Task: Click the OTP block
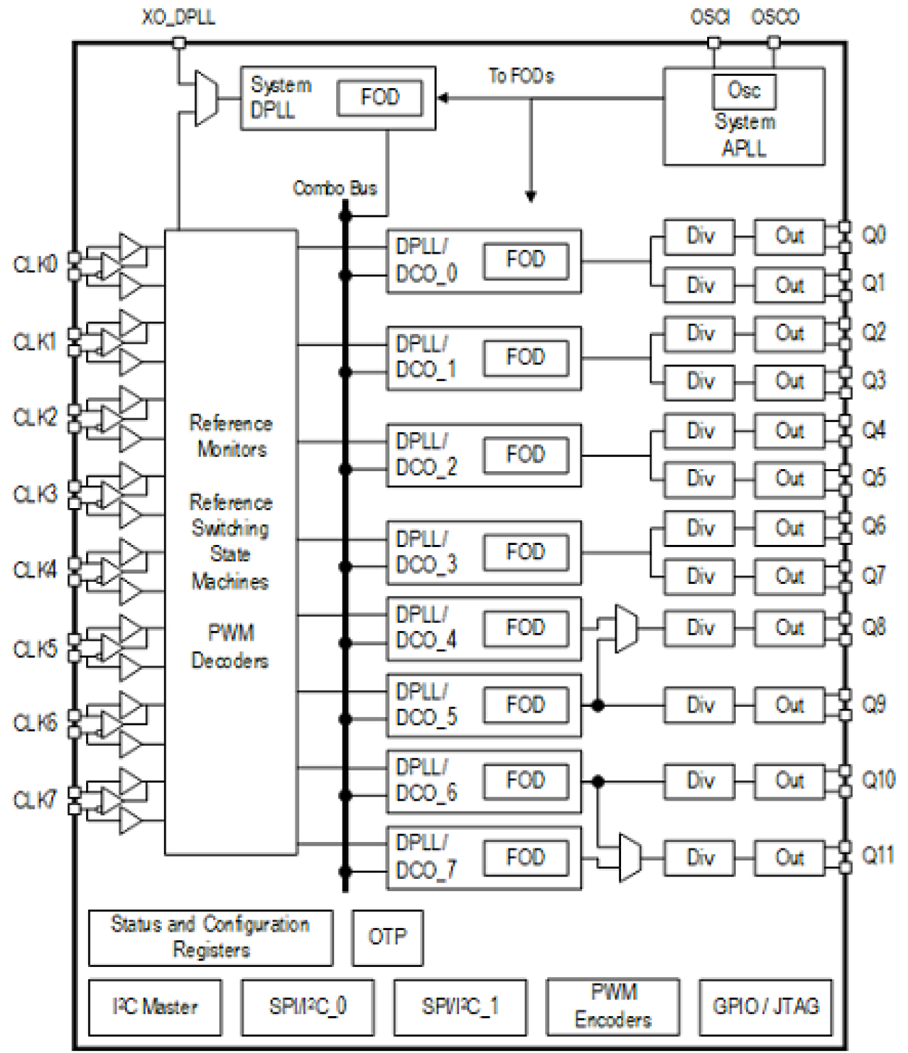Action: click(387, 937)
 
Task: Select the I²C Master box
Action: click(155, 1006)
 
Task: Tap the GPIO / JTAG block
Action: click(766, 1006)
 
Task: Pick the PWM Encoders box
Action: click(612, 1006)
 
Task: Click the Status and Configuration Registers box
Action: click(210, 937)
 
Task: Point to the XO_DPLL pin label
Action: click(179, 17)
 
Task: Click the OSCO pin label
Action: click(775, 17)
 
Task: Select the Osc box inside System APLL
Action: click(743, 90)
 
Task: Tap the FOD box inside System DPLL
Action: click(380, 97)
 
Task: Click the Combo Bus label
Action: click(335, 188)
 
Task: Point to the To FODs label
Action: click(521, 76)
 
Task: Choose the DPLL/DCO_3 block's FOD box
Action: click(525, 552)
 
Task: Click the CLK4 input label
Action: click(34, 570)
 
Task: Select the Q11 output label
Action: click(878, 856)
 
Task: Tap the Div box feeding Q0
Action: click(699, 236)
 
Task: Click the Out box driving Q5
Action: click(789, 478)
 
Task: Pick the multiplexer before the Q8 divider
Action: click(626, 629)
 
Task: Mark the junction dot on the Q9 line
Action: click(598, 705)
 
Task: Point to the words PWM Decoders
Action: click(230, 647)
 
